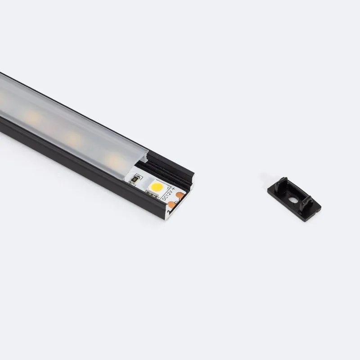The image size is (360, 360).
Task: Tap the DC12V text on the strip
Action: (167, 194)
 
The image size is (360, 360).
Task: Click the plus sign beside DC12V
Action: (173, 189)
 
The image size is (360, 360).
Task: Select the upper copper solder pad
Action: (180, 195)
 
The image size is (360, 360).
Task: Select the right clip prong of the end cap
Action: (306, 202)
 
